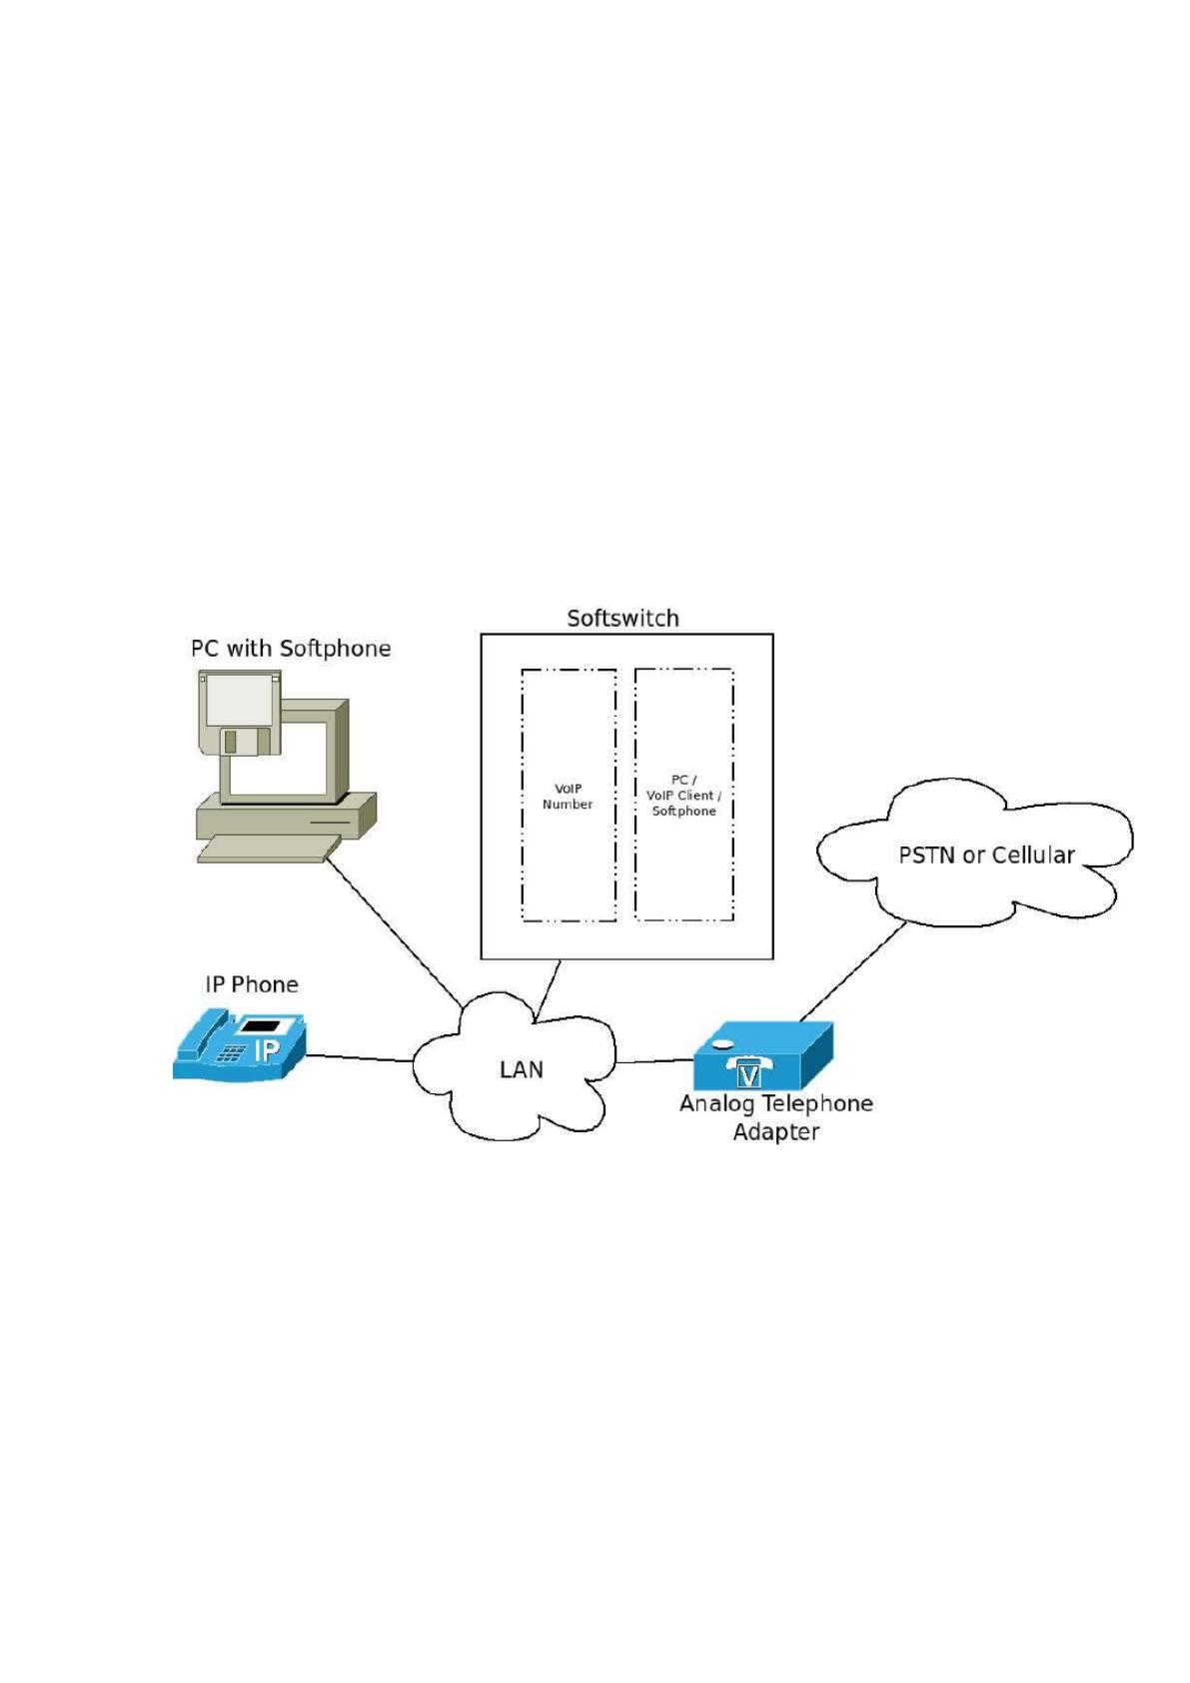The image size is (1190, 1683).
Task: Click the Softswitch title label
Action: tap(622, 619)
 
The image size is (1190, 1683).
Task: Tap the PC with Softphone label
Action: tap(291, 649)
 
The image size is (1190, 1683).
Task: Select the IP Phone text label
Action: tap(252, 984)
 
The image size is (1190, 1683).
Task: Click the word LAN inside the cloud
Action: tap(522, 1069)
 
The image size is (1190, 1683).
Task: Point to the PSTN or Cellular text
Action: tap(986, 855)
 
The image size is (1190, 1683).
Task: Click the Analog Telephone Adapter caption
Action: tap(776, 1117)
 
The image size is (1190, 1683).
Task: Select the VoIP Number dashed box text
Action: tap(568, 797)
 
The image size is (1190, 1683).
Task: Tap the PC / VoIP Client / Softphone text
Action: tap(683, 796)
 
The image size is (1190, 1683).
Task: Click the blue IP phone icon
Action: tap(239, 1045)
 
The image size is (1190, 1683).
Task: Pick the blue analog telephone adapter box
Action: tap(762, 1055)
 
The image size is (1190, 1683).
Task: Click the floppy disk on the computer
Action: tap(240, 713)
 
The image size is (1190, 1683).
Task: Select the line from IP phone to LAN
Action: tap(359, 1058)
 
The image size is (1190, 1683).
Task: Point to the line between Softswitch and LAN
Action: tap(548, 990)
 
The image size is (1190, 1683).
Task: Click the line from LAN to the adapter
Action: tap(653, 1061)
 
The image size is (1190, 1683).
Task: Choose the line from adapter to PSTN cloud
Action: tap(852, 971)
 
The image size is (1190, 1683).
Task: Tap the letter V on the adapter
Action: tap(748, 1076)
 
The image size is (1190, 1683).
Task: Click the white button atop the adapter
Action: tap(722, 1043)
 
